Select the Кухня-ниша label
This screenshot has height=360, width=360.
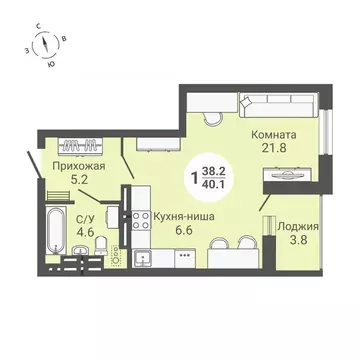coord(185,213)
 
